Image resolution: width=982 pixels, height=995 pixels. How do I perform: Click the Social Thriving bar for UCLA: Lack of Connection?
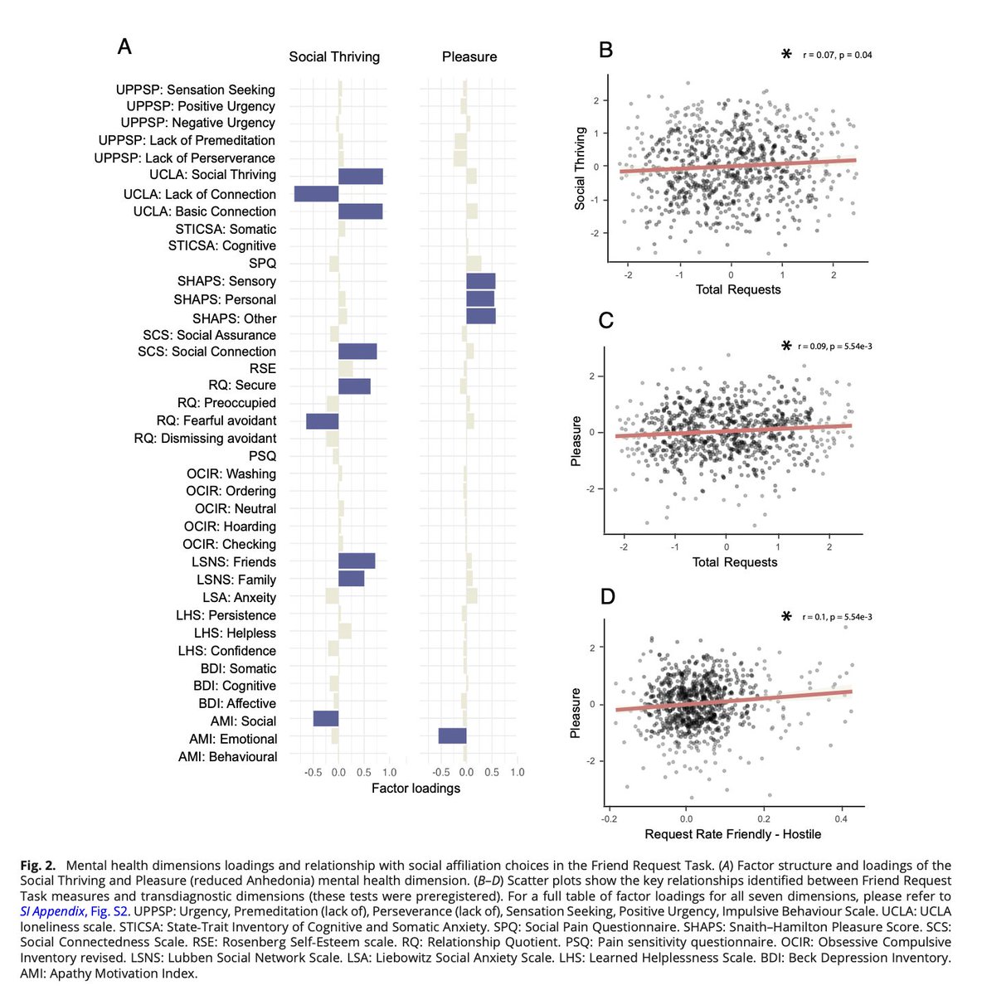[x=316, y=194]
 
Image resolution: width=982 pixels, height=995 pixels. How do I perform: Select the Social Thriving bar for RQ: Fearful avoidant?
[x=322, y=420]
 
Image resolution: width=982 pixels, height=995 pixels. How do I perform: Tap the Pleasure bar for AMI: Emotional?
[x=452, y=736]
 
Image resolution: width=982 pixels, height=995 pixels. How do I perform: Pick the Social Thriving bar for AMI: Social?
[x=325, y=718]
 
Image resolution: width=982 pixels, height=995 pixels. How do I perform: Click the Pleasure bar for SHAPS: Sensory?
[x=480, y=281]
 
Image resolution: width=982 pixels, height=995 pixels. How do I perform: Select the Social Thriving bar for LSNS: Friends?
[x=357, y=561]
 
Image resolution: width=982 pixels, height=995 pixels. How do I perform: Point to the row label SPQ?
[x=262, y=263]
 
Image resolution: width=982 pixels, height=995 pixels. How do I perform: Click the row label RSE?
[x=262, y=368]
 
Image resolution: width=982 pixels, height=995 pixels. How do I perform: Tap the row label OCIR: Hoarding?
[x=230, y=527]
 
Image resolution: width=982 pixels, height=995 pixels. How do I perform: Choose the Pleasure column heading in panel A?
[x=469, y=56]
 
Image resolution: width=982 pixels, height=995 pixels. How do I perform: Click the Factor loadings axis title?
[x=416, y=788]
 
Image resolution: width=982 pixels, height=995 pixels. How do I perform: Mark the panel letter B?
[x=605, y=51]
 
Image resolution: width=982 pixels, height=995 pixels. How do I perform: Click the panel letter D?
[x=607, y=597]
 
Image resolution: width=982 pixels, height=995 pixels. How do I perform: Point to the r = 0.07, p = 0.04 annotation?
[x=837, y=56]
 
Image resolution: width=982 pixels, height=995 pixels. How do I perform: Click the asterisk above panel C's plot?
[x=785, y=346]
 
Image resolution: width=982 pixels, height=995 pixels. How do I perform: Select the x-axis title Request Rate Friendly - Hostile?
[x=732, y=833]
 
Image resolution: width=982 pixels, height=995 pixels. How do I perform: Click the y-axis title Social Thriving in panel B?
[x=581, y=168]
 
